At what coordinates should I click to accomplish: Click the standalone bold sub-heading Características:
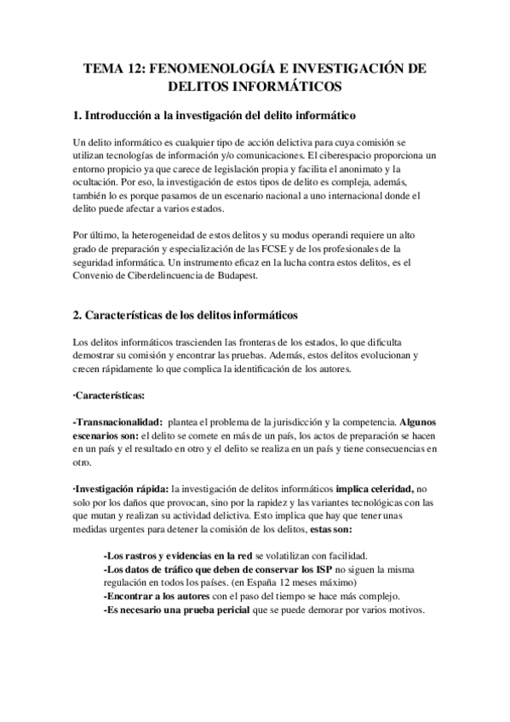pyautogui.click(x=109, y=398)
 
